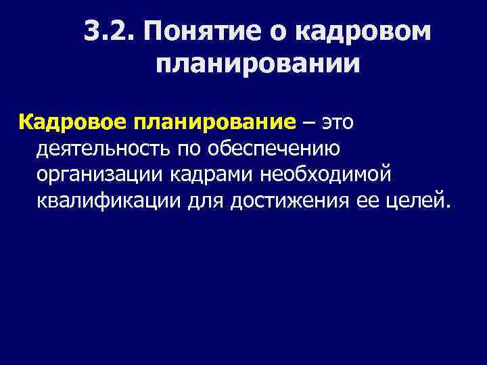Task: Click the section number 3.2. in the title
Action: pyautogui.click(x=111, y=32)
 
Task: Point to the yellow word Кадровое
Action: pyautogui.click(x=64, y=123)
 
